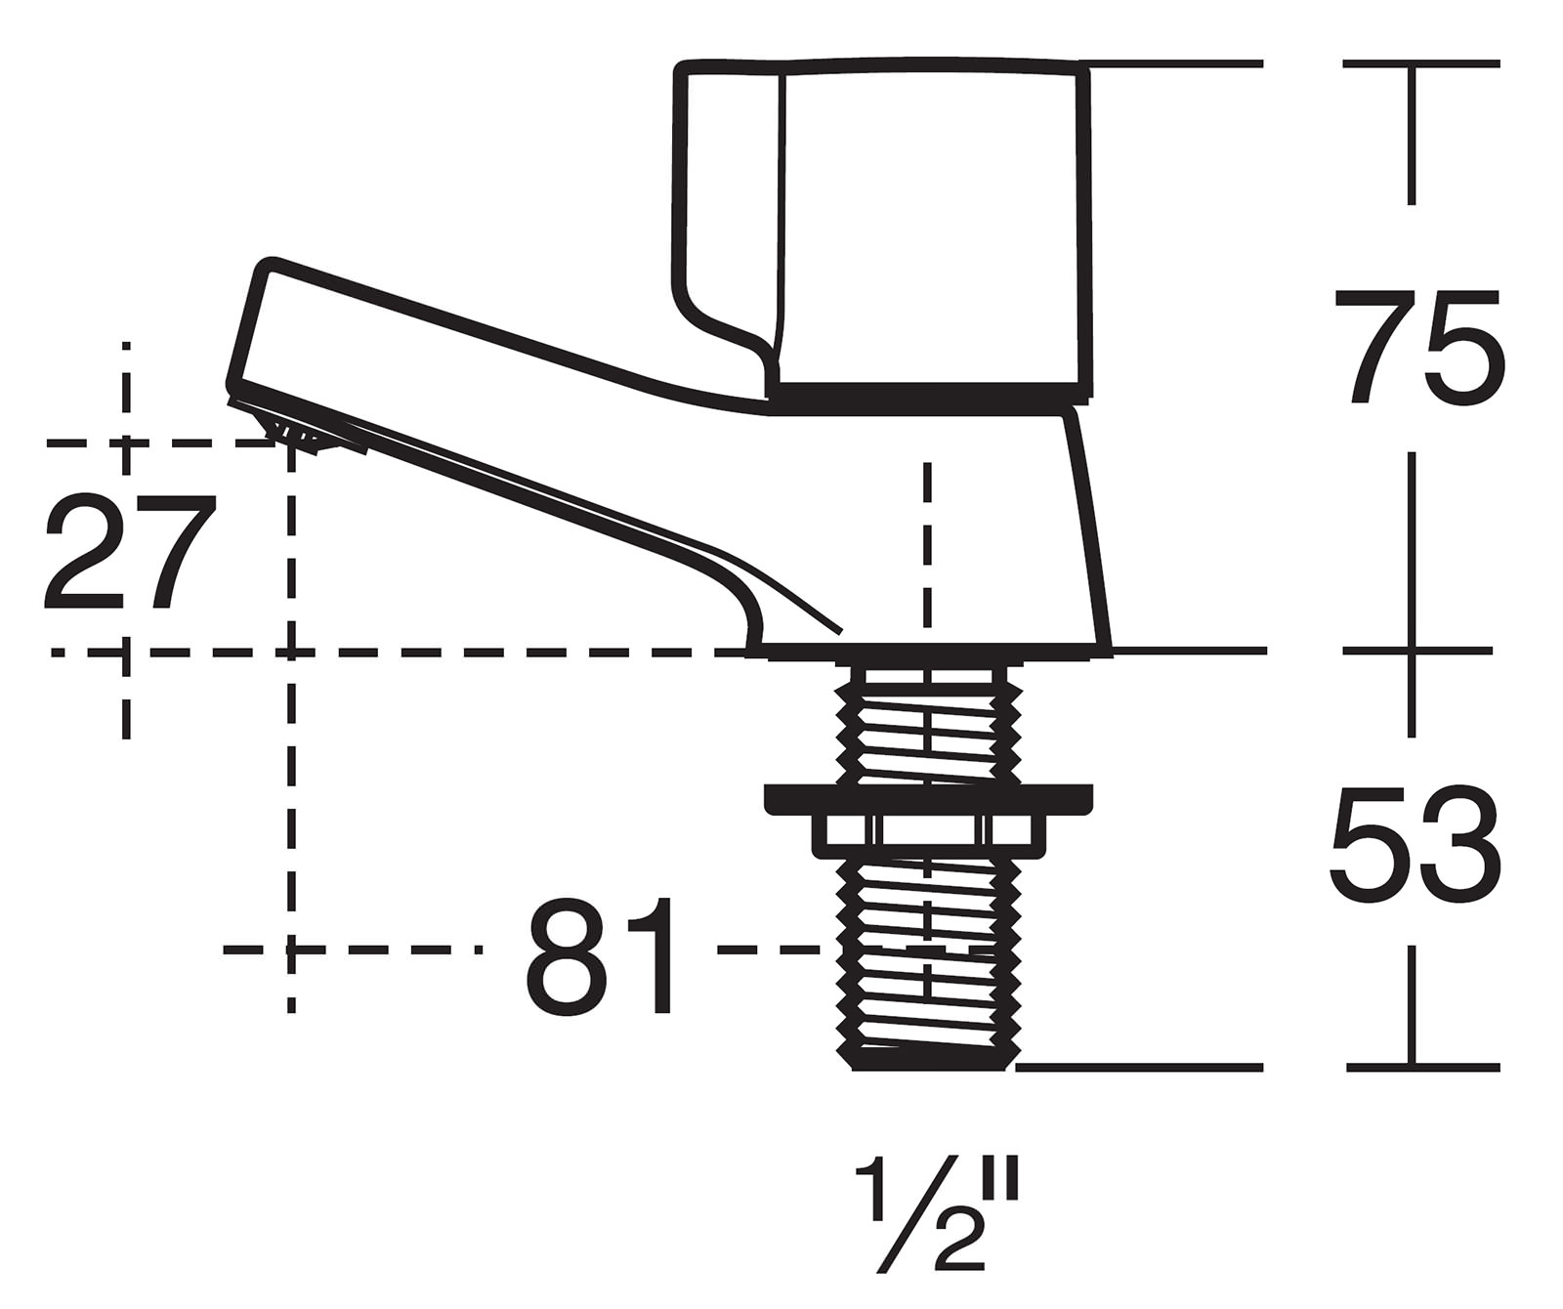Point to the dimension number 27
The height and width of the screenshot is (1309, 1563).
[127, 552]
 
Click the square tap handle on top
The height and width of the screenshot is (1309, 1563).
[928, 225]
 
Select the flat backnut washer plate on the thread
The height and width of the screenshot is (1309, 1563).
[927, 797]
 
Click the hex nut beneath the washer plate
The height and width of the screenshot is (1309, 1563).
[927, 831]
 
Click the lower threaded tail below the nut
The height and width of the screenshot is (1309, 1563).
[927, 957]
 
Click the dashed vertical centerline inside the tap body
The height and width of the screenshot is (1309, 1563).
[927, 547]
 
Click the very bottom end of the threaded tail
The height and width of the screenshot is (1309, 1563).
[928, 1065]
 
